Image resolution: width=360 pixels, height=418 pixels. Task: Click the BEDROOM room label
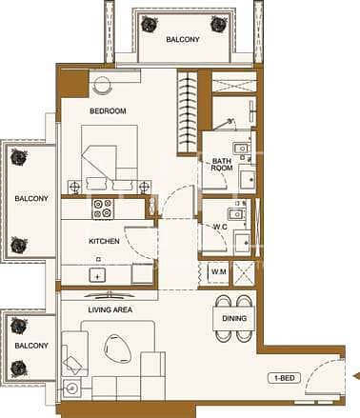tap(108, 111)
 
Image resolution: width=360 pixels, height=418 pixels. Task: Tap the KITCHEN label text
tap(104, 241)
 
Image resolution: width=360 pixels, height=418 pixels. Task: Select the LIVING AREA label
tap(110, 309)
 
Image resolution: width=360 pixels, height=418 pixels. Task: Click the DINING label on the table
tap(234, 318)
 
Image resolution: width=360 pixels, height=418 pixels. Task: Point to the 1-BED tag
tap(284, 378)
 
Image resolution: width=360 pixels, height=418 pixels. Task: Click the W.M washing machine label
tap(219, 271)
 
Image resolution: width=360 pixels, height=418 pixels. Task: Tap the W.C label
tap(220, 227)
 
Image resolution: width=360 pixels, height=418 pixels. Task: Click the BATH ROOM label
tap(222, 165)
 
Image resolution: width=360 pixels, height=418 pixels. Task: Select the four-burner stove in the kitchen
tap(103, 208)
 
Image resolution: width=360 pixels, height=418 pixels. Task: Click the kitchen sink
tap(97, 275)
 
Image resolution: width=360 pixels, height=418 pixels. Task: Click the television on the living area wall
tap(110, 295)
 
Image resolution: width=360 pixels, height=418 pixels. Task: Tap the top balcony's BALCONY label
tap(183, 39)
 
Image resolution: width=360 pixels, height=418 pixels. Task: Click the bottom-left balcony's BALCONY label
tap(31, 346)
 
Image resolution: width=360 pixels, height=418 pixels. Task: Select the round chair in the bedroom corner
tap(103, 85)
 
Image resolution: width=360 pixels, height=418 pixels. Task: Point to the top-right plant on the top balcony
tap(218, 24)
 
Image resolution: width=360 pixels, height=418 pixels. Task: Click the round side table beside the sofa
tap(72, 388)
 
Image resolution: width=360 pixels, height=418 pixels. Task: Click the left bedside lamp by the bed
tap(74, 187)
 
